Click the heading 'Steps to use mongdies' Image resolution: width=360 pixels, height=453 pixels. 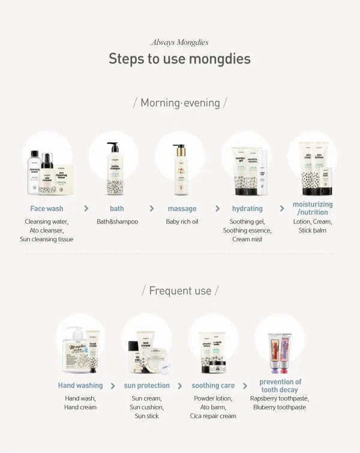click(x=179, y=59)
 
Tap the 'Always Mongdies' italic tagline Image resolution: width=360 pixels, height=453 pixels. click(x=179, y=42)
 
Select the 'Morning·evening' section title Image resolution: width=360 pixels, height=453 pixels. click(x=179, y=103)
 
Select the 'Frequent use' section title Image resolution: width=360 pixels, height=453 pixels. click(x=179, y=291)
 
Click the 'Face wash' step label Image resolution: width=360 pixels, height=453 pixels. click(x=47, y=209)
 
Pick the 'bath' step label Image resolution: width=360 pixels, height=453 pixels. click(x=117, y=209)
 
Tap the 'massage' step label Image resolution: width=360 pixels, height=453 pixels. click(x=182, y=209)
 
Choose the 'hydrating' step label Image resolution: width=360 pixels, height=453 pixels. click(x=247, y=209)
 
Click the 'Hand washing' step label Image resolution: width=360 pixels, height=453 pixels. click(x=80, y=385)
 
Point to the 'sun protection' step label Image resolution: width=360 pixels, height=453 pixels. click(x=147, y=385)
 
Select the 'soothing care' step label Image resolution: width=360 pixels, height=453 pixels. click(x=213, y=385)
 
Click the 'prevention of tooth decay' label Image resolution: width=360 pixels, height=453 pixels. click(x=280, y=386)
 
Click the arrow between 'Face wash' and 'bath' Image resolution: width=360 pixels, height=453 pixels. click(x=86, y=208)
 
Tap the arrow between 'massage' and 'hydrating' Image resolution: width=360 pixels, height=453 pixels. click(x=217, y=208)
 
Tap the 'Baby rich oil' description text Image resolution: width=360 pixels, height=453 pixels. click(x=182, y=221)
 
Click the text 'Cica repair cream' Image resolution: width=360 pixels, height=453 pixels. click(x=213, y=416)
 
